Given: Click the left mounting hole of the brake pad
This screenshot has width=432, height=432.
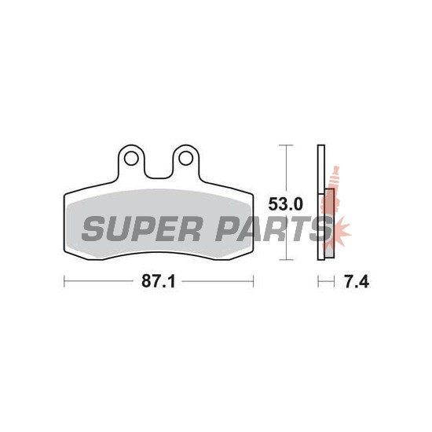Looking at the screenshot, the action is (131, 159).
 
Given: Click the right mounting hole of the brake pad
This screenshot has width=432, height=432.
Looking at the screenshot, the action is (185, 159).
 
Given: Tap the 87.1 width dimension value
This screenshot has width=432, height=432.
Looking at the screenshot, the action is (159, 281).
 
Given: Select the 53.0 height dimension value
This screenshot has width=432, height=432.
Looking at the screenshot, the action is (286, 204).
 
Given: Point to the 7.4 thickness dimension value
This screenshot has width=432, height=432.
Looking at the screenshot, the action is (357, 281).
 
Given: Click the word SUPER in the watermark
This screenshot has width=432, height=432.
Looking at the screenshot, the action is (141, 229).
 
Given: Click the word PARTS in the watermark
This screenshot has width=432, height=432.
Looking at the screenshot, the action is (274, 229).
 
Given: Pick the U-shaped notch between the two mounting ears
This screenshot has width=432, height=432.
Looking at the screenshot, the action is (159, 168).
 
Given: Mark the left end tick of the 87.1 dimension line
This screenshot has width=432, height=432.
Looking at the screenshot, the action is (64, 281).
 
